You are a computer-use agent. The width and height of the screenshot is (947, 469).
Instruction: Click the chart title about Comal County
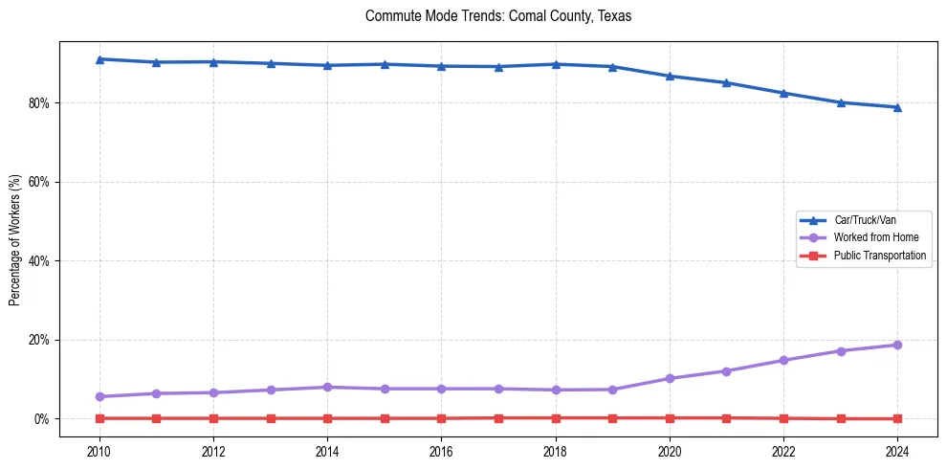coord(498,16)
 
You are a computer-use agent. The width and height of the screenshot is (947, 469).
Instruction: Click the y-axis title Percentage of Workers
coord(14,240)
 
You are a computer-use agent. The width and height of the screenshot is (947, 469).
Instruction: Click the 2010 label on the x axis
coord(99,450)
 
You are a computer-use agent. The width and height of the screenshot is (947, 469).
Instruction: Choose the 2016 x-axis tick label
coord(441,450)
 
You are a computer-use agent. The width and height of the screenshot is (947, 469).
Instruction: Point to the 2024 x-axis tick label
coord(897,450)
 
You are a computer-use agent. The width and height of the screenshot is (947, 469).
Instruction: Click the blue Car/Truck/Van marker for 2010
coord(99,59)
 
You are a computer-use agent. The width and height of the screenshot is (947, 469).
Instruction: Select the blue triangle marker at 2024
coord(897,107)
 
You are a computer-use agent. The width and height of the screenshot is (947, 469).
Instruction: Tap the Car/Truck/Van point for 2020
coord(670,76)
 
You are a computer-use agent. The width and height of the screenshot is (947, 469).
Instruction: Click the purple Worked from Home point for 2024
coord(897,345)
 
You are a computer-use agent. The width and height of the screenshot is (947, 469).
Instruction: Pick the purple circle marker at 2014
coord(327,387)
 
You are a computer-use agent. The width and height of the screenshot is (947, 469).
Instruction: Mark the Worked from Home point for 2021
coord(726,371)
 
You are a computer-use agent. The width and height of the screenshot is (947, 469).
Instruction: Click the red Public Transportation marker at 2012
coord(213,418)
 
